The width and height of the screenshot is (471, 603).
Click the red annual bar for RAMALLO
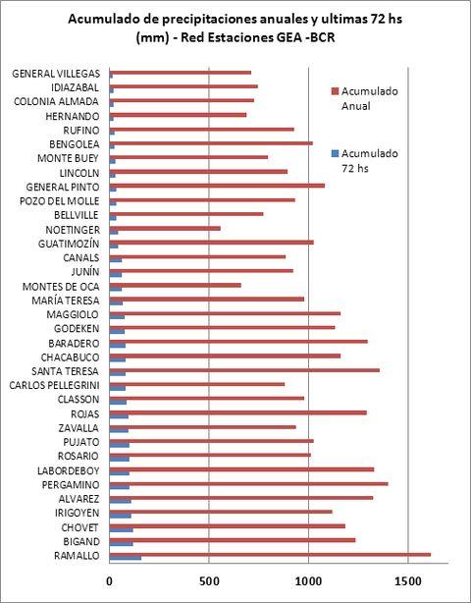(x=270, y=555)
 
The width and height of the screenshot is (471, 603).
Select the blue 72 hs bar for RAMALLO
(x=126, y=559)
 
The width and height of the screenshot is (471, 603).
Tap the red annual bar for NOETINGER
(x=165, y=229)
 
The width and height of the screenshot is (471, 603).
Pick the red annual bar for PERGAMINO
(x=248, y=484)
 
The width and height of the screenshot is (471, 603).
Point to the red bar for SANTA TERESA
(x=244, y=370)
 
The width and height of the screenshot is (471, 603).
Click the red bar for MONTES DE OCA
(x=176, y=286)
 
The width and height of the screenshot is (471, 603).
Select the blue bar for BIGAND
(x=121, y=544)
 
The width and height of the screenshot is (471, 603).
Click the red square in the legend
(x=335, y=91)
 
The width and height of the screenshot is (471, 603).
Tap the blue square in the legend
(x=335, y=154)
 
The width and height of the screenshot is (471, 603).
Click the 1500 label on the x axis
(x=408, y=581)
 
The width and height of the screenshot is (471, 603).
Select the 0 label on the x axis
(x=110, y=581)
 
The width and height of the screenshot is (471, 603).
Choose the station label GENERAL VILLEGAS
(x=56, y=74)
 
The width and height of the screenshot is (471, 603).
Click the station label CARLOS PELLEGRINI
(x=54, y=385)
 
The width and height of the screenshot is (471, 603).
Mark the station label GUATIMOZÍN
(x=69, y=244)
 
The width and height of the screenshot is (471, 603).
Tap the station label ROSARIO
(x=78, y=456)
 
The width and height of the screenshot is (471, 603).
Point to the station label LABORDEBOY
(x=69, y=470)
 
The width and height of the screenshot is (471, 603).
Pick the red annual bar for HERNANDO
(x=178, y=115)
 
